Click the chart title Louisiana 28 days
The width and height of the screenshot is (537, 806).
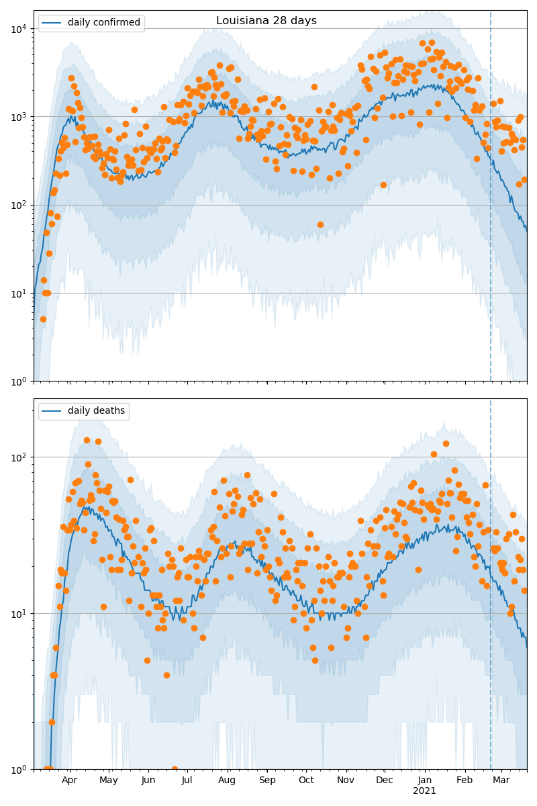click(x=266, y=21)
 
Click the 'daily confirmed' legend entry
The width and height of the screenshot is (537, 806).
click(x=103, y=23)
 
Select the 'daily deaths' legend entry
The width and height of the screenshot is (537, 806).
click(x=96, y=411)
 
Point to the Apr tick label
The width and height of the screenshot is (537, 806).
click(x=70, y=780)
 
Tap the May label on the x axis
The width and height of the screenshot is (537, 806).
click(x=109, y=780)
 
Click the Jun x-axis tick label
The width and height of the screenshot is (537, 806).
click(x=148, y=780)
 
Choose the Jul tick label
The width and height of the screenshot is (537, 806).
click(x=187, y=780)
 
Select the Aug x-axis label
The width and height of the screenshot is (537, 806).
click(x=227, y=780)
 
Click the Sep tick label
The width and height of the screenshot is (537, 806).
click(x=267, y=780)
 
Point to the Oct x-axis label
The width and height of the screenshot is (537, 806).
click(x=306, y=780)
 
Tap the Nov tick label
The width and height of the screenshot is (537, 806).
click(x=346, y=780)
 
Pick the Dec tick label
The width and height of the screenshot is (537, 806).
click(x=385, y=780)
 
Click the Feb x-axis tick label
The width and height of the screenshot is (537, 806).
click(x=465, y=780)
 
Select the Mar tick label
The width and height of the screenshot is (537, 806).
click(x=501, y=780)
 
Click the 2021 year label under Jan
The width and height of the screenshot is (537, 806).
click(x=424, y=791)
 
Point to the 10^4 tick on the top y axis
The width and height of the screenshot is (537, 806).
click(x=19, y=28)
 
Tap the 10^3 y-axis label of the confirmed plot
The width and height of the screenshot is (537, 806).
click(x=19, y=116)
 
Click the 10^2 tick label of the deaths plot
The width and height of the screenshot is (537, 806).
click(x=19, y=457)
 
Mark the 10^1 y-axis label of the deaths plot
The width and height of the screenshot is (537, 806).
click(x=19, y=613)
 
